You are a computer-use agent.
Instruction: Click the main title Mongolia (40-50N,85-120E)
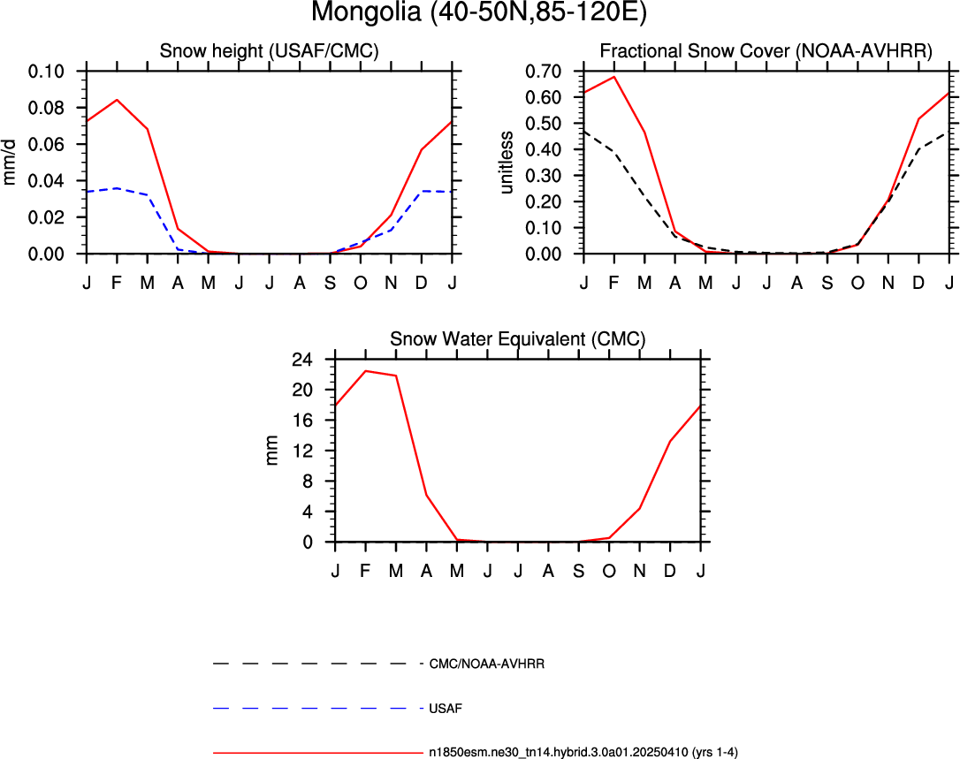point(479,12)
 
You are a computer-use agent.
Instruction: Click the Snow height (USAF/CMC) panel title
point(270,50)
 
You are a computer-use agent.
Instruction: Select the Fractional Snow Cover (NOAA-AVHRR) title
point(766,50)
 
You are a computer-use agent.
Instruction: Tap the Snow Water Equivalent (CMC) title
point(518,339)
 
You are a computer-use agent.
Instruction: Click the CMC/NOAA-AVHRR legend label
point(487,664)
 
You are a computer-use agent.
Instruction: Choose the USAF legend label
point(446,709)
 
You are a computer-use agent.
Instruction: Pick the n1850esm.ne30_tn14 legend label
point(583,752)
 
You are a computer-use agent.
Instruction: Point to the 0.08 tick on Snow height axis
point(46,109)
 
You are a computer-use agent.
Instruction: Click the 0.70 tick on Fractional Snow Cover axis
point(543,72)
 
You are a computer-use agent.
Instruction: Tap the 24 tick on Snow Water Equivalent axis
point(301,360)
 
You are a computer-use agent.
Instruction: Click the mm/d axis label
point(10,163)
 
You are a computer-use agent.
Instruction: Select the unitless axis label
point(506,163)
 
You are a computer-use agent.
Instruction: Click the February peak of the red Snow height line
point(117,100)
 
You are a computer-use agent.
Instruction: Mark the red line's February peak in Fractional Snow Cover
point(614,77)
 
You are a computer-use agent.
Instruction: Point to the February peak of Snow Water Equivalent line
point(365,371)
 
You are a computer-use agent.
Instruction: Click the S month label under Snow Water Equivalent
point(579,571)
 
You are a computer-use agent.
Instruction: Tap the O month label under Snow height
point(361,283)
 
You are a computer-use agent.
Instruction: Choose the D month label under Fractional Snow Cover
point(918,283)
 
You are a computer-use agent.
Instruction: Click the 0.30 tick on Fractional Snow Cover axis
point(543,176)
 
